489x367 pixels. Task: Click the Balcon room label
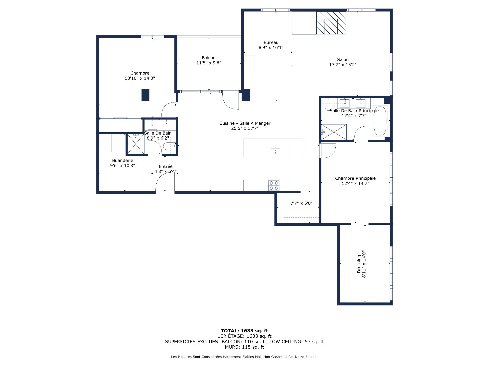tap(209, 58)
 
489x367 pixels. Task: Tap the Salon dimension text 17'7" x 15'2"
tap(343, 65)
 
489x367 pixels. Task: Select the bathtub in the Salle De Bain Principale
tap(380, 121)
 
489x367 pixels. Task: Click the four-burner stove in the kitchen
tap(274, 186)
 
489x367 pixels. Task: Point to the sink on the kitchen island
tap(275, 152)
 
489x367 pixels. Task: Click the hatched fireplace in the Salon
tap(331, 23)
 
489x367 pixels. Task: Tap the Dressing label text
tap(359, 264)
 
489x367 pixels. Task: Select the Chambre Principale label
tap(355, 178)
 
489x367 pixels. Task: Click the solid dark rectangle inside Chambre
tap(145, 95)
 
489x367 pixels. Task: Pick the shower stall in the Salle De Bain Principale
tap(334, 132)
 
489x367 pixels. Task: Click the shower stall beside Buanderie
tap(135, 144)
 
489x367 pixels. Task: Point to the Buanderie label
tap(123, 161)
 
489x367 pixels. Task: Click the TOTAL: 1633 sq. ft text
tap(244, 331)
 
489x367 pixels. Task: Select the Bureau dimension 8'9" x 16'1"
tap(271, 47)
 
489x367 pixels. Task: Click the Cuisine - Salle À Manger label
tap(245, 123)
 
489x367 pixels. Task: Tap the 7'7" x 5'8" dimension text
tap(302, 203)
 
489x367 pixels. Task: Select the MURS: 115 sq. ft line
tap(244, 347)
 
